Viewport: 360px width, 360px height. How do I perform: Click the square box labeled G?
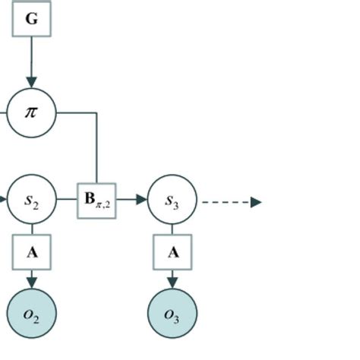(31, 19)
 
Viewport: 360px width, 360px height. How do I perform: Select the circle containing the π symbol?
(31, 112)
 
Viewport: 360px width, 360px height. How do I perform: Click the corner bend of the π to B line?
(96, 113)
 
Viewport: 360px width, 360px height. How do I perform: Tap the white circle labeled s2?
(31, 201)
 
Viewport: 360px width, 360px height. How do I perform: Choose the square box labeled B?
(96, 201)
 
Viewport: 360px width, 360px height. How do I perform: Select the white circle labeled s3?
(172, 201)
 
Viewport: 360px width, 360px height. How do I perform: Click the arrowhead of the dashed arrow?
(256, 202)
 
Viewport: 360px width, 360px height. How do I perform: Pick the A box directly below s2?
(31, 252)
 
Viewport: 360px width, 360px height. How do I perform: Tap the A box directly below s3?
(172, 252)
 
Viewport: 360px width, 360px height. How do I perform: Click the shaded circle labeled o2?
(31, 313)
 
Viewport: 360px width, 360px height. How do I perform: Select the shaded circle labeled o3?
(172, 313)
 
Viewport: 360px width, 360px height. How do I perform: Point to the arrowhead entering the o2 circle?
(31, 283)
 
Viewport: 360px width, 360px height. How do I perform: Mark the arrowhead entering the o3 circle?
(172, 283)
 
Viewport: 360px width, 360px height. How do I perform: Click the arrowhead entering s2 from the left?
(3, 201)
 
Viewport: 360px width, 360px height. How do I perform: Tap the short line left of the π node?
(3, 113)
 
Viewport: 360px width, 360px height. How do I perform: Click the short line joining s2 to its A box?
(31, 229)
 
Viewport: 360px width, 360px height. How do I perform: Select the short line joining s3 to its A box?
(172, 229)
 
